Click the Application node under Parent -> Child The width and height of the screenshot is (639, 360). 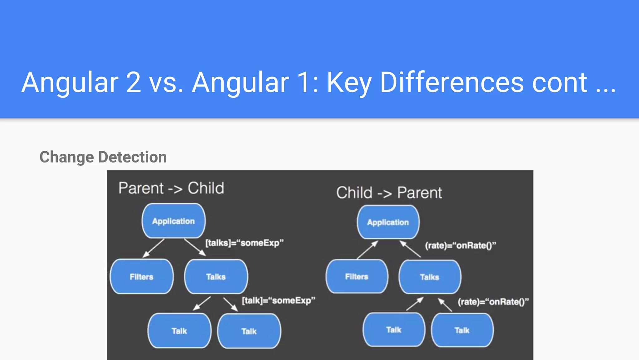point(173,221)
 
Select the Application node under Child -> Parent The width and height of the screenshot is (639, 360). point(388,222)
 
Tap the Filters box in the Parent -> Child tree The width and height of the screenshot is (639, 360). point(142,277)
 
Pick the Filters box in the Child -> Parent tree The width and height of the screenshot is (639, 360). point(357,277)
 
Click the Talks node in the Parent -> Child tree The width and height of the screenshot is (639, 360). point(216,277)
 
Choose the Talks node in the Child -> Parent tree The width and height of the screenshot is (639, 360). point(430,277)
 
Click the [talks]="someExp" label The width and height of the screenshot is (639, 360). point(244,243)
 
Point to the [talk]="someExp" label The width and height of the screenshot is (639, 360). point(278,301)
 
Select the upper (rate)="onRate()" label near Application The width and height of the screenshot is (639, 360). point(460,246)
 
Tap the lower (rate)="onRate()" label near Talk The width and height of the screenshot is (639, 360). point(493,302)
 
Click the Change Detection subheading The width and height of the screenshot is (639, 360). point(103,157)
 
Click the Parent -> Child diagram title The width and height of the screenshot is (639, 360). point(171,188)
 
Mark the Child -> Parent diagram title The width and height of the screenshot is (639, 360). point(389,192)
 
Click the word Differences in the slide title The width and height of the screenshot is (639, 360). point(452,82)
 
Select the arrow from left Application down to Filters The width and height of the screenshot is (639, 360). point(153,248)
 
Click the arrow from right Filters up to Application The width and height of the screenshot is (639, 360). point(368,250)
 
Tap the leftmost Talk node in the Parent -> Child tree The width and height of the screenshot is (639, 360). point(179,331)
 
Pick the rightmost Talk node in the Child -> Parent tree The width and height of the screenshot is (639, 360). point(462,330)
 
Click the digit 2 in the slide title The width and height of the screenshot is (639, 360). point(134,82)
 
